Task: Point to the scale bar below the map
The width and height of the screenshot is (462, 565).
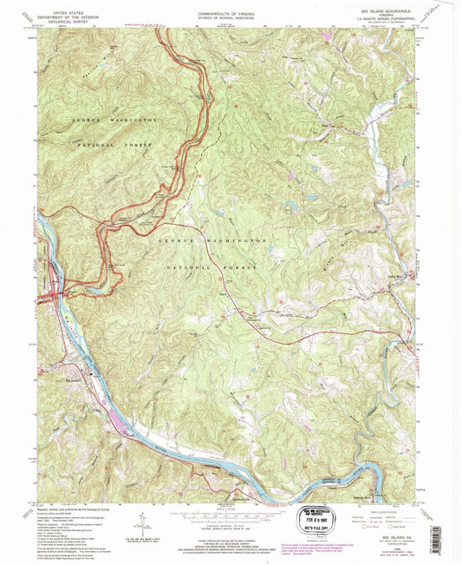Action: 230,513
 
